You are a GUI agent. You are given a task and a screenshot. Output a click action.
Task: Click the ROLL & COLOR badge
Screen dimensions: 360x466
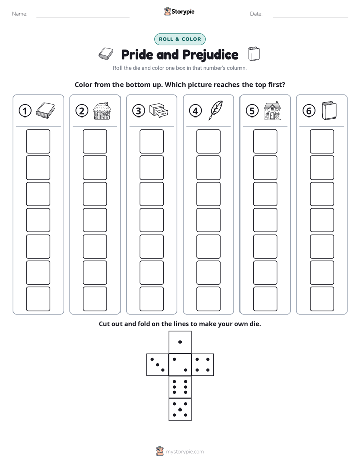coord(179,39)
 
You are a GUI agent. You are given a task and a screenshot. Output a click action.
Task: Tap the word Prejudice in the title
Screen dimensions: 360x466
coord(210,55)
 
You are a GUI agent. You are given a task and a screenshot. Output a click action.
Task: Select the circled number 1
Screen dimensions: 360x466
coord(25,111)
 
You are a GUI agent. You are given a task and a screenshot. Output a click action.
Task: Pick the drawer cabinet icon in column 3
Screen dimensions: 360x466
coord(159,110)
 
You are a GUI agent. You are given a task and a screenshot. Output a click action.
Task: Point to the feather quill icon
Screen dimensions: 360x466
coord(216,110)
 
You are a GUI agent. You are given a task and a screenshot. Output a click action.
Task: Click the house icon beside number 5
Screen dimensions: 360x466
coord(272,110)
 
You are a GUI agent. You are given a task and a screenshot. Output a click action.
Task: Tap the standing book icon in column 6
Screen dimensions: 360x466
coord(329,111)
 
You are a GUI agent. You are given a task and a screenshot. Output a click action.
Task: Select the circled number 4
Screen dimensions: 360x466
coord(195,111)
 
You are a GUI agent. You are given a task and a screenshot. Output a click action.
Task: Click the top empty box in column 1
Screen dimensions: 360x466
coord(38,141)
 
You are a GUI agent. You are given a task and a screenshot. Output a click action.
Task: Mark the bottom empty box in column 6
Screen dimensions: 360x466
coord(322,299)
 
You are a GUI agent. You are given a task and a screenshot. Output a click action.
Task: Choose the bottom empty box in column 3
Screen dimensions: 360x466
coord(151,299)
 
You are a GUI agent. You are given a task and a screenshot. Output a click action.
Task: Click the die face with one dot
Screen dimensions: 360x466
coord(180,342)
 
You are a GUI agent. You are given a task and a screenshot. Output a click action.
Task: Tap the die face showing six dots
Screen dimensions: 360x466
coord(180,387)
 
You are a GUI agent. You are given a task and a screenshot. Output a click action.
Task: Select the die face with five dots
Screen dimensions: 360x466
coord(180,410)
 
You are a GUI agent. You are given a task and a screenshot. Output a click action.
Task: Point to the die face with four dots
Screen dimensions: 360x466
coord(203,365)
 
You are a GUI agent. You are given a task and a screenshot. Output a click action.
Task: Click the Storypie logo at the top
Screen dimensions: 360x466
coord(179,11)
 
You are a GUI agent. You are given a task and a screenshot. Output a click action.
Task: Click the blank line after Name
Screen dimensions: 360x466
coord(83,17)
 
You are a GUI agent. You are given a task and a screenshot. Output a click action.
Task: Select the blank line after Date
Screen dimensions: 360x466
coord(311,17)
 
